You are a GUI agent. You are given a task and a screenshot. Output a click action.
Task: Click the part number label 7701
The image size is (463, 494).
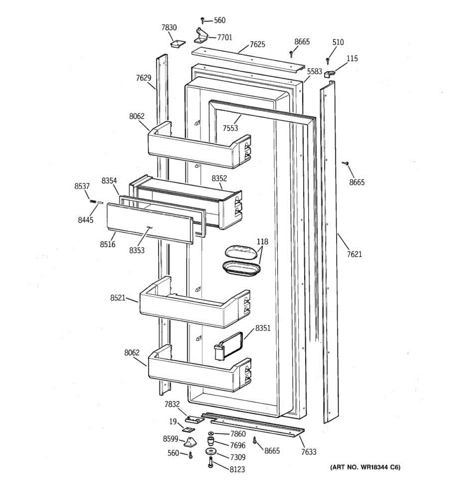point(224,37)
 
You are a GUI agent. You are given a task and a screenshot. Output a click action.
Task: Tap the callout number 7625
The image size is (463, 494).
point(257,44)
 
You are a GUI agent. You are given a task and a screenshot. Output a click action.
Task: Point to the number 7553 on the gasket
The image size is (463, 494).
point(230,128)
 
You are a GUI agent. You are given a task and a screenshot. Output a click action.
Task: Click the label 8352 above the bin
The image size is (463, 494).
point(219,178)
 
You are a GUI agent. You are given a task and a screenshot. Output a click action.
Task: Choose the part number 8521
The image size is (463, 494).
point(117,298)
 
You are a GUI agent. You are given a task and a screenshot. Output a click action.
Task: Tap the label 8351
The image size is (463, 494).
point(263,328)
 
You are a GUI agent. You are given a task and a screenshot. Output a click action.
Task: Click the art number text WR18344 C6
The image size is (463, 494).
point(365,467)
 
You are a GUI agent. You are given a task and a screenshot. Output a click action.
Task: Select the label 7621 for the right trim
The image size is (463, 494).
point(354,254)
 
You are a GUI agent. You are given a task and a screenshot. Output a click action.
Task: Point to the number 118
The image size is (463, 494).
point(262,242)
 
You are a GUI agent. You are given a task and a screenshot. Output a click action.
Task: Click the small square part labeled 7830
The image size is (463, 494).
point(177,43)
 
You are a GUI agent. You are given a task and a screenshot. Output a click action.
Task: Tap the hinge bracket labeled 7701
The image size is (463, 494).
point(201,35)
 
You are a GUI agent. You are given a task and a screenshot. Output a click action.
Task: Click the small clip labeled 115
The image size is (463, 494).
point(329,74)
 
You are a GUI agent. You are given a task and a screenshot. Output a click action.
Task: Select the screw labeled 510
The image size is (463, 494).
point(328,61)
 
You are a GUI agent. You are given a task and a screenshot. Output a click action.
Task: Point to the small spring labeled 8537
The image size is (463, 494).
point(93,201)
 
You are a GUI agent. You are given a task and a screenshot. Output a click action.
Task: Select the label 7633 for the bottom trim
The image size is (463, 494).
point(309,452)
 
